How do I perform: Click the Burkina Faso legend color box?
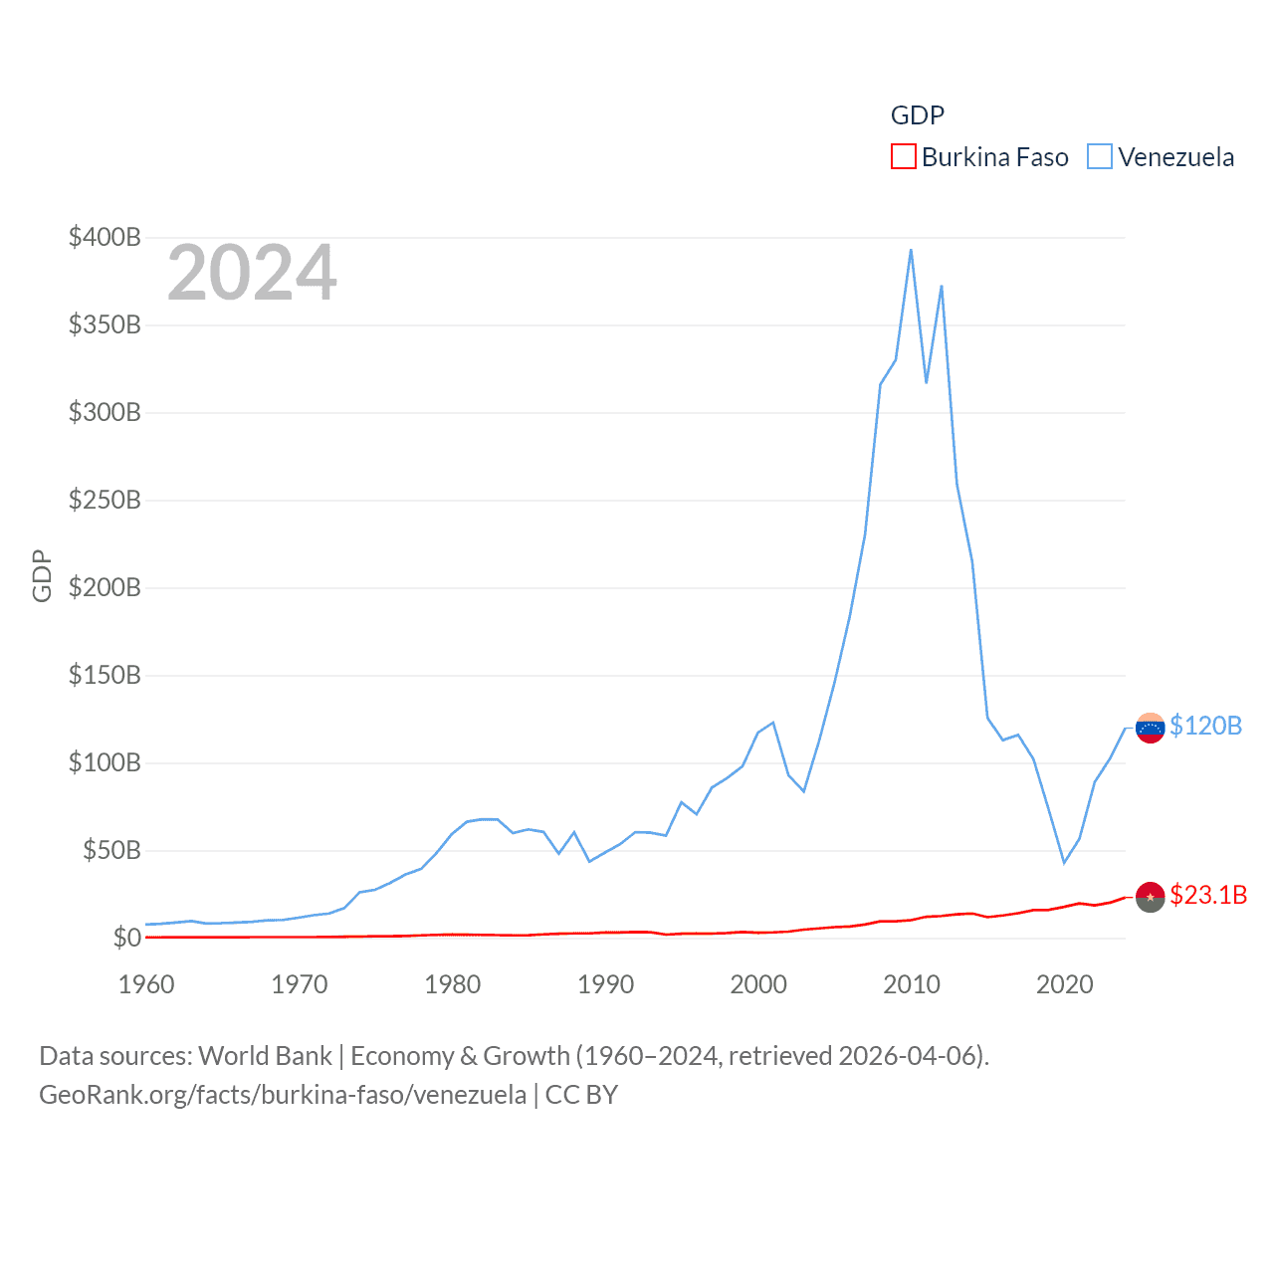coord(903,157)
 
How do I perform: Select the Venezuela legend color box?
coord(1099,157)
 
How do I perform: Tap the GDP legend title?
coord(917,115)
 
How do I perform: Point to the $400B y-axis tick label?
coord(105,237)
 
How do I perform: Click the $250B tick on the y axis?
coord(105,500)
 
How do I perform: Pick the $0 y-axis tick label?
coord(126,938)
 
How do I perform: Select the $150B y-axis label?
coord(105,675)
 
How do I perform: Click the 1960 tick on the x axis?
coord(146,984)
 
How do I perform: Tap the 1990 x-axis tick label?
coord(605,984)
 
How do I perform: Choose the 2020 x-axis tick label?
coord(1064,984)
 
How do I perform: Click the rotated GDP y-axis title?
coord(42,575)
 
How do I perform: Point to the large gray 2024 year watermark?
coord(252,273)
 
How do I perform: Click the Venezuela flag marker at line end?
coord(1150,728)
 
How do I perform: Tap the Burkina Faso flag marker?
coord(1150,897)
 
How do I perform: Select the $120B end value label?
coord(1205,726)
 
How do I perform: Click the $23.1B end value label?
coord(1208,895)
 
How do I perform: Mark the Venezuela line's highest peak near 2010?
coord(911,250)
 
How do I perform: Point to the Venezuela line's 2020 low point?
coord(1064,862)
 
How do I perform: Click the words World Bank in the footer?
coord(265,1055)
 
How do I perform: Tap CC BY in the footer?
coord(581,1095)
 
